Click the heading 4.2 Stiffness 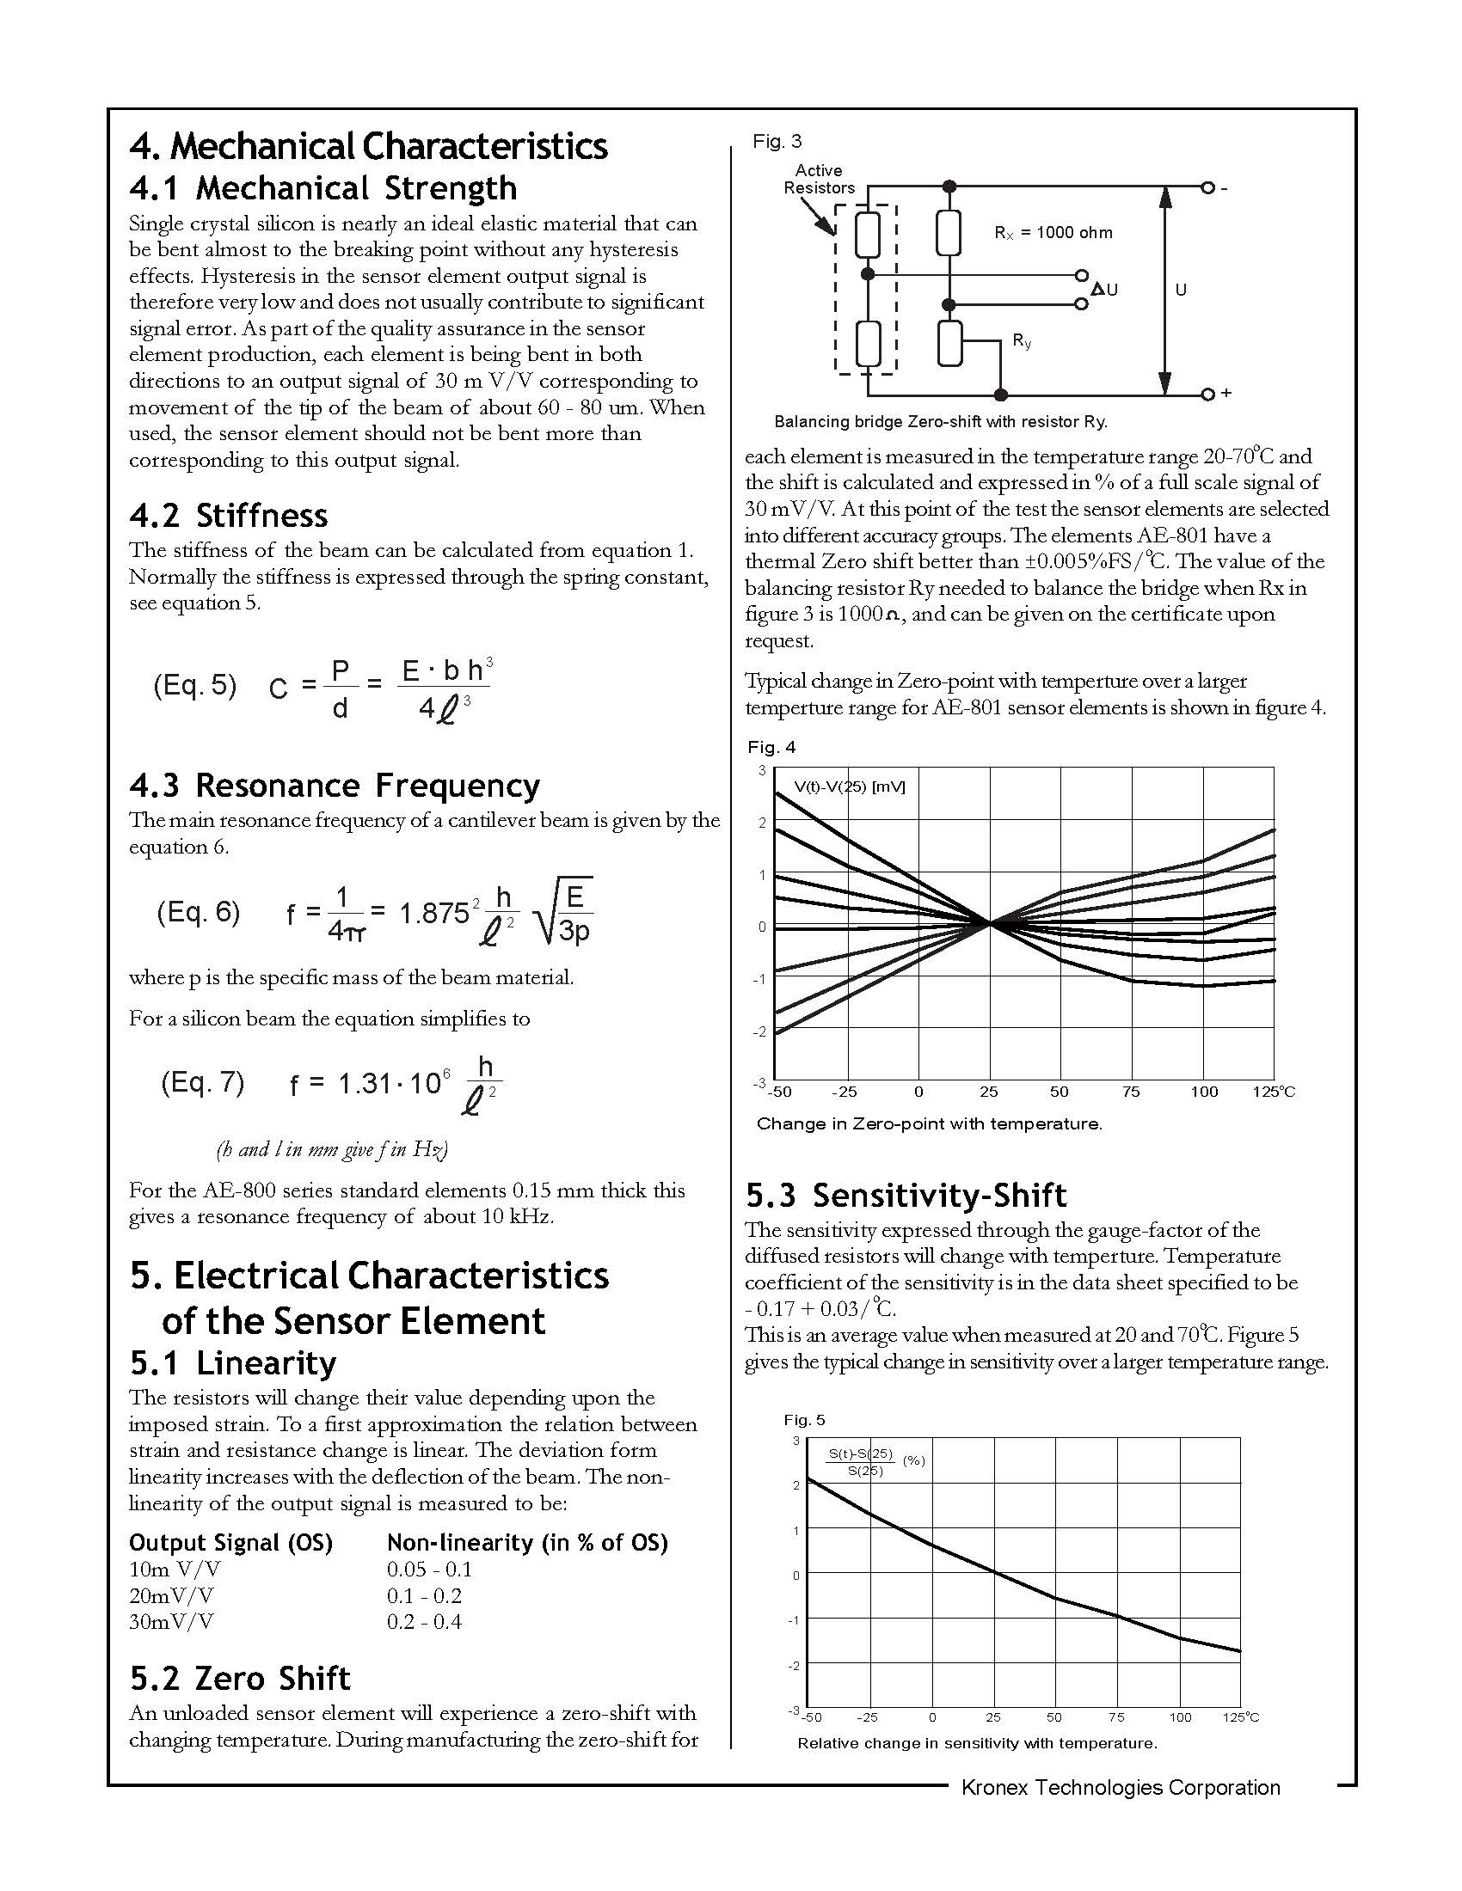coord(229,516)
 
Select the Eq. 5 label coord(195,685)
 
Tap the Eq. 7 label coord(203,1082)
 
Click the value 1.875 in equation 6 coord(434,913)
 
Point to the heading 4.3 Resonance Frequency coord(335,786)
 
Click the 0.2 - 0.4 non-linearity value coord(424,1621)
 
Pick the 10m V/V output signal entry coord(174,1569)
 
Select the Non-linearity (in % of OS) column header coord(527,1542)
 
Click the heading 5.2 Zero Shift coord(240,1678)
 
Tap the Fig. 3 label coord(777,141)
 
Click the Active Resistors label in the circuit coord(819,180)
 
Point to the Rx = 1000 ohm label coord(1053,233)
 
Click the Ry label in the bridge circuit coord(1022,342)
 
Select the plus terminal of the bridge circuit coord(1209,394)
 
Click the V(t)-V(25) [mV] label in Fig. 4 coord(849,786)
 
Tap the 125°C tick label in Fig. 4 coord(1273,1092)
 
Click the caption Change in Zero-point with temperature coord(930,1124)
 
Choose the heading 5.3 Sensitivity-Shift coord(906,1195)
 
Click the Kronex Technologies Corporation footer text coord(1120,1787)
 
